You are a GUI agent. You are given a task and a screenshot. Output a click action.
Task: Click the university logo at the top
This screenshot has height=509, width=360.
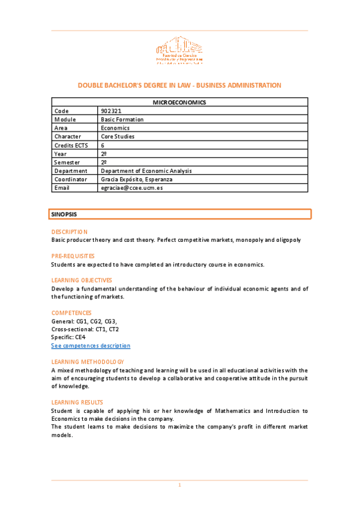click(179, 52)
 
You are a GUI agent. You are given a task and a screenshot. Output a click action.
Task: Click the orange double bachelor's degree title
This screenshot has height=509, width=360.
click(179, 85)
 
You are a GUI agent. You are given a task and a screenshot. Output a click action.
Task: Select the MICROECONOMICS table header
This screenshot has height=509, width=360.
click(179, 103)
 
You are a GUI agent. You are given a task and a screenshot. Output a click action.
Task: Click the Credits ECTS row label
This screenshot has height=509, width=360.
click(71, 145)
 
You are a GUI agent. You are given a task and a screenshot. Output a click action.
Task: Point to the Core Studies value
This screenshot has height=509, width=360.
click(118, 136)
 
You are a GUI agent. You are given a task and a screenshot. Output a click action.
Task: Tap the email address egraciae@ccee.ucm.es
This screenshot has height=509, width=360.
click(132, 188)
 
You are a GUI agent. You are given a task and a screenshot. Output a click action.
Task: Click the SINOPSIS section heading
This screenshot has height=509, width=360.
click(64, 214)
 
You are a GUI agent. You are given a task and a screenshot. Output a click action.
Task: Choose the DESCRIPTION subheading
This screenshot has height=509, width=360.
click(70, 232)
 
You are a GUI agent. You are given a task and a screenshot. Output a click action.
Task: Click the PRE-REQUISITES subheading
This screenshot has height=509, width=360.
click(73, 256)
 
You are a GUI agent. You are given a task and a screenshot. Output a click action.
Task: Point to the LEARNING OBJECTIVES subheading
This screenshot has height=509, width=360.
click(82, 280)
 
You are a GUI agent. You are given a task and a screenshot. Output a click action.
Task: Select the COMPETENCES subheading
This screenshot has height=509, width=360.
click(71, 313)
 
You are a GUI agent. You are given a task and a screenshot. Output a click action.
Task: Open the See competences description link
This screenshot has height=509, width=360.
click(91, 346)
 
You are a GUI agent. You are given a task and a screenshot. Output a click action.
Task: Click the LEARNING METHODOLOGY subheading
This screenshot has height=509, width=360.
click(88, 362)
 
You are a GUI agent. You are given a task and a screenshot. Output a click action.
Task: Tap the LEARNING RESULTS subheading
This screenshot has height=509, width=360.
click(77, 402)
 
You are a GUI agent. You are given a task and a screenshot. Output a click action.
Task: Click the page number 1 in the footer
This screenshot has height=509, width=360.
click(179, 485)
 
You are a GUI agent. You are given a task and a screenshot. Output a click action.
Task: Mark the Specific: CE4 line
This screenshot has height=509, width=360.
click(68, 337)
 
